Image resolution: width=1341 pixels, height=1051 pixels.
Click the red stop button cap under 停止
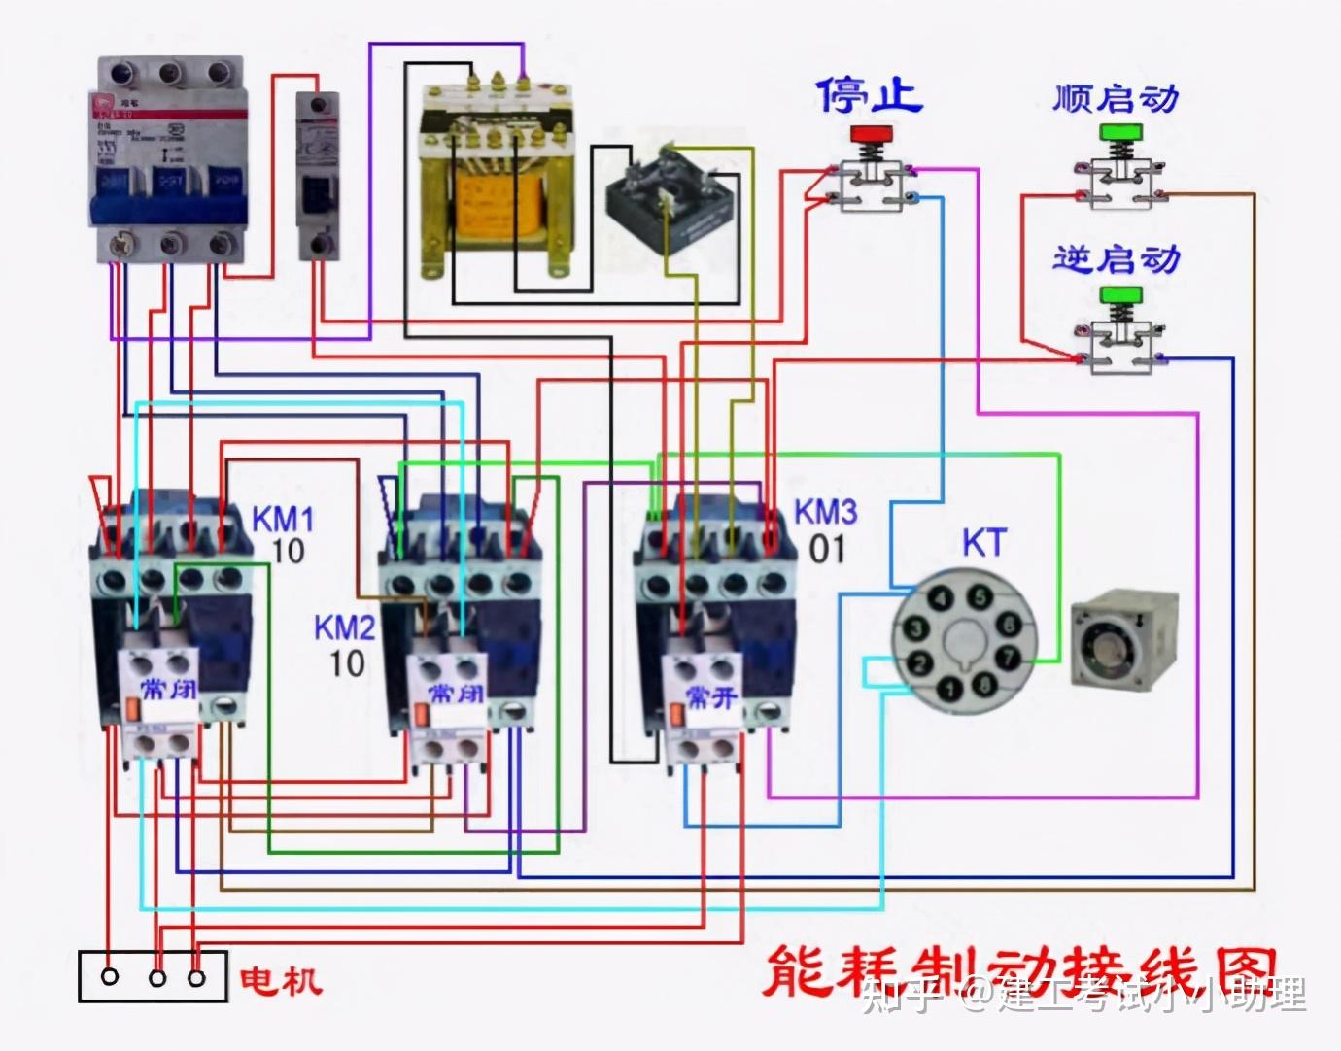[x=873, y=133]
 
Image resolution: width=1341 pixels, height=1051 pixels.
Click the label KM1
[x=283, y=517]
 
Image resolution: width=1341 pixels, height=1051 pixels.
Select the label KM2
[x=344, y=627]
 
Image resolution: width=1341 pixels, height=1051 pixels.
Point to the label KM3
[x=826, y=512]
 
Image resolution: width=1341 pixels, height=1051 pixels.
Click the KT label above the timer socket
[x=983, y=543]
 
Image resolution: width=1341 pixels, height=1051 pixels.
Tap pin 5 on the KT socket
[x=981, y=596]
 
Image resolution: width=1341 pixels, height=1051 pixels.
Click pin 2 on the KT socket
[x=915, y=665]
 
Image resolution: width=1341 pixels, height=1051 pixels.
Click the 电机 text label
[x=282, y=978]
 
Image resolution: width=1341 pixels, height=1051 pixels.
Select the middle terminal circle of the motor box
[x=155, y=976]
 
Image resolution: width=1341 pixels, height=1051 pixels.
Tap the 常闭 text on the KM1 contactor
[x=159, y=691]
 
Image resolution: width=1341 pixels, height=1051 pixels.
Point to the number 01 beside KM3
[x=828, y=550]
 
